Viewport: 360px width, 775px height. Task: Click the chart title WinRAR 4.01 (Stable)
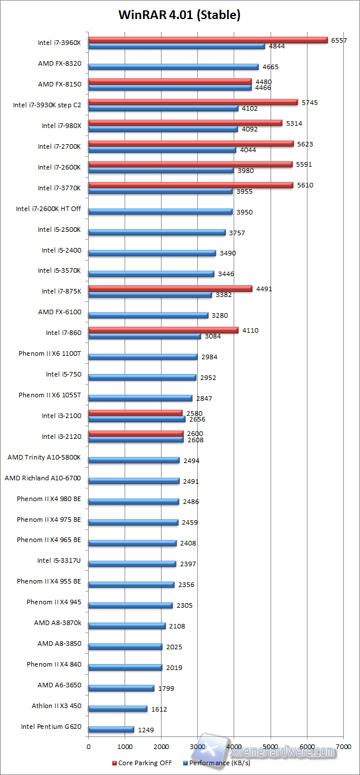179,15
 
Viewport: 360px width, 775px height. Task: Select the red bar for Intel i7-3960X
208,40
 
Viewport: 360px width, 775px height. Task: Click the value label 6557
338,40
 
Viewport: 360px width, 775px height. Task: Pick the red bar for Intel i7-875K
170,288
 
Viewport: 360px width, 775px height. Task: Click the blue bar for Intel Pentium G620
111,729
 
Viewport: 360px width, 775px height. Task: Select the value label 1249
147,730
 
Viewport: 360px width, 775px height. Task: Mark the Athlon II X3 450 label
57,706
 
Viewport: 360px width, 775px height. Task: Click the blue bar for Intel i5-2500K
157,232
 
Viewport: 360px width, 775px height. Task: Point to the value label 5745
310,102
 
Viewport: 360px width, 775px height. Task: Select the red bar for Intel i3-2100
136,412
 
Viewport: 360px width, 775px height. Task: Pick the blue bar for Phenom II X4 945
130,605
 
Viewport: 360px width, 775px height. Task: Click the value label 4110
250,330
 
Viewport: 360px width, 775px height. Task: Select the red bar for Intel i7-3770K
190,185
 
